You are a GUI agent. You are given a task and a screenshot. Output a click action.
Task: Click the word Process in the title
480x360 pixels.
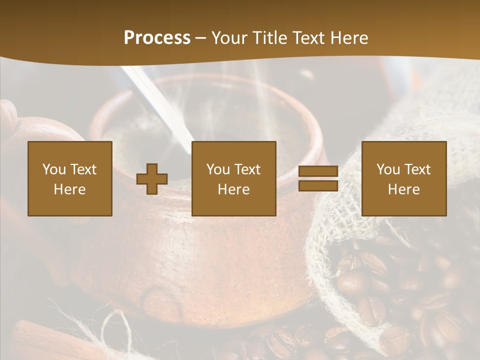[x=157, y=38]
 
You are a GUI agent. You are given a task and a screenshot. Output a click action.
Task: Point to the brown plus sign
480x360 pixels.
[x=152, y=179]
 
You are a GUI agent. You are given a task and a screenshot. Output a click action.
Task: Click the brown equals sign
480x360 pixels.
[x=318, y=179]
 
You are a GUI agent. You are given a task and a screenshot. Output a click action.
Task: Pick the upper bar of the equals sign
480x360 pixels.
[x=318, y=172]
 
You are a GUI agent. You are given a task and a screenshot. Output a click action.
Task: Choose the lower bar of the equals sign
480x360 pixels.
[x=318, y=186]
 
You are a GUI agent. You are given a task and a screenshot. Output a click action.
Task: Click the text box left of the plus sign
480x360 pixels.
[x=70, y=179]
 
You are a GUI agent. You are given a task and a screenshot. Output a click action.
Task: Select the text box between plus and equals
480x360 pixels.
[x=234, y=179]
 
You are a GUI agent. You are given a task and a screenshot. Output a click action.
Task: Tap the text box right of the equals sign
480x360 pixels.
[x=404, y=179]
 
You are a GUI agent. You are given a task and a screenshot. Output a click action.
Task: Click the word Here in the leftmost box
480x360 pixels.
[x=70, y=189]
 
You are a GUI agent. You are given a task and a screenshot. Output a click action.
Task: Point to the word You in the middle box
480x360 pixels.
[x=218, y=169]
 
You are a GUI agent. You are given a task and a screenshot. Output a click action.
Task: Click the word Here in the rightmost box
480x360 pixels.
[x=404, y=189]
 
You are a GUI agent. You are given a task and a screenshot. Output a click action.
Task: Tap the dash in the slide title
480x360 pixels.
[x=201, y=38]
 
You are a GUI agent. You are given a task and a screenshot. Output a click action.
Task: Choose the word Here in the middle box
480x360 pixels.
[x=234, y=189]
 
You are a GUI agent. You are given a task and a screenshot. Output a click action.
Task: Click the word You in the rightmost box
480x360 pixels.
[x=388, y=169]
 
